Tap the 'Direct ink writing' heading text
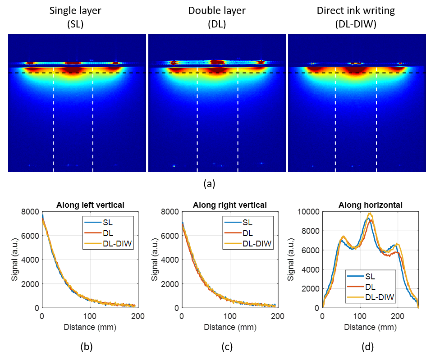point(356,9)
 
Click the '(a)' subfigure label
point(209,183)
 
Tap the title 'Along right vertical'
point(230,205)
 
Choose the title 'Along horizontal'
point(371,205)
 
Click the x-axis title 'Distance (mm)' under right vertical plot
point(230,326)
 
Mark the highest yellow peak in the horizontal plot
point(370,213)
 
